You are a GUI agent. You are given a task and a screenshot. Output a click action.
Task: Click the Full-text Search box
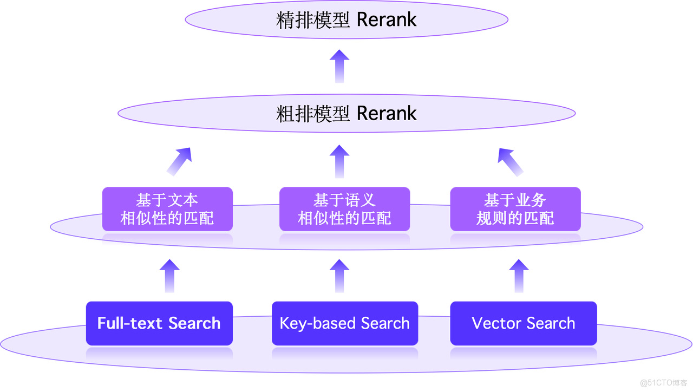pos(159,323)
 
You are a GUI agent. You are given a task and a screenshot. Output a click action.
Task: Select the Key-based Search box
pos(345,323)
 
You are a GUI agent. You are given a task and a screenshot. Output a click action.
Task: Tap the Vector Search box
pos(524,323)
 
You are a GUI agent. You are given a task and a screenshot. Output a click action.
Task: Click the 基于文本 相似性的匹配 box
pos(167,209)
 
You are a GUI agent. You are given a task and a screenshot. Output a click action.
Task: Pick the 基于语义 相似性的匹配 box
pos(344,209)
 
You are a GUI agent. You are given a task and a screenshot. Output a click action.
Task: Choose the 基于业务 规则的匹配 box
pos(515,209)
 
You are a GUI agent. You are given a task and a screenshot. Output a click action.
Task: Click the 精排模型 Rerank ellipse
pos(346,20)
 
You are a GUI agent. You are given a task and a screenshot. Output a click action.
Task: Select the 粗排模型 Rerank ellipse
pos(346,114)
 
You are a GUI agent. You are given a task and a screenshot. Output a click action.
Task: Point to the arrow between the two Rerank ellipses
pos(339,66)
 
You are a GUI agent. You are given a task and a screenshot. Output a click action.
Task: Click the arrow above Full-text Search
pos(169,276)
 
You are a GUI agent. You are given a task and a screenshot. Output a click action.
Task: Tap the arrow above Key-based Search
pos(339,276)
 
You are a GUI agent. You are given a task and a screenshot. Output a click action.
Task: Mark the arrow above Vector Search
pos(519,276)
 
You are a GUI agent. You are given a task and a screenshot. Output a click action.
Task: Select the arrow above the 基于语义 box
pos(339,161)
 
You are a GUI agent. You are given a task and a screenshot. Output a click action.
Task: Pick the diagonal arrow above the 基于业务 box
pos(511,161)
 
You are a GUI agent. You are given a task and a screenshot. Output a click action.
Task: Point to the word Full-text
pos(130,323)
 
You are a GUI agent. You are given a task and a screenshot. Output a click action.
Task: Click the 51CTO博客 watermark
pos(663,382)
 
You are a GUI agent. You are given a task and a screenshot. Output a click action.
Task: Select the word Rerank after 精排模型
pos(387,20)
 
